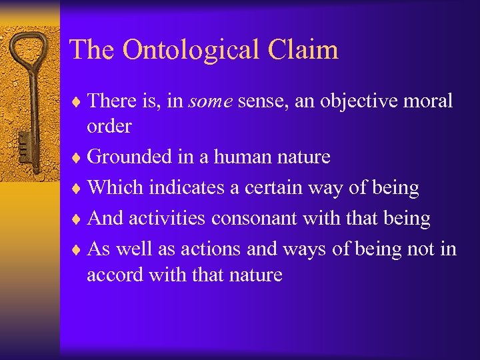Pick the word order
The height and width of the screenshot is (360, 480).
[109, 125]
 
